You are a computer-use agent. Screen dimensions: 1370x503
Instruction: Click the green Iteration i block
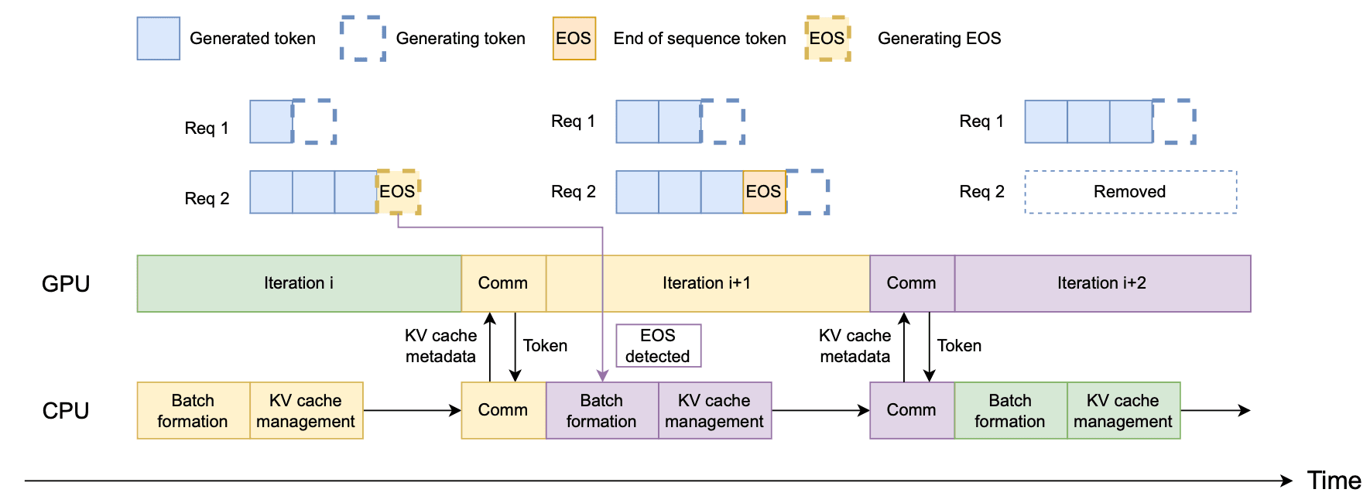299,283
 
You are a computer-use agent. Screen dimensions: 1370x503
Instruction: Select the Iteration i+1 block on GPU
707,283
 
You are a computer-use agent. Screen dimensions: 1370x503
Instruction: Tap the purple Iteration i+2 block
1102,283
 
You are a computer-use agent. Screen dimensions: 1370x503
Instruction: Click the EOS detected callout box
658,345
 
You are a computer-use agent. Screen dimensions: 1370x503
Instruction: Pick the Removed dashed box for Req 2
1131,192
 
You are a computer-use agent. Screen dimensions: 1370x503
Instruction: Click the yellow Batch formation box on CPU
194,410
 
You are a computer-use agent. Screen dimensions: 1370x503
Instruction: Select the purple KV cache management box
714,410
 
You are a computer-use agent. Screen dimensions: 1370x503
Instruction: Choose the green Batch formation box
1010,410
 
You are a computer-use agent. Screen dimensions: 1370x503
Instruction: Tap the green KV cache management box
1123,410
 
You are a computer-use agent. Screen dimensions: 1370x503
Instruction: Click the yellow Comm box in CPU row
503,410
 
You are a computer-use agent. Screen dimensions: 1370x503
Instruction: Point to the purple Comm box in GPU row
912,283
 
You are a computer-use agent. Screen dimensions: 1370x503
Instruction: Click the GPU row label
66,284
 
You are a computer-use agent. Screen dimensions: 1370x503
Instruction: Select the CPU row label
66,411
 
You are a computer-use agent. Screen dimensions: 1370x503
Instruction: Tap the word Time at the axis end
1334,481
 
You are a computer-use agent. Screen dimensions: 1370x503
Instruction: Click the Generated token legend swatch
159,39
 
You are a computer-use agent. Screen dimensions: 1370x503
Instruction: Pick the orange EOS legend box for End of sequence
574,39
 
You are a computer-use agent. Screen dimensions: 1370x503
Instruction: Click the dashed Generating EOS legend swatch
827,39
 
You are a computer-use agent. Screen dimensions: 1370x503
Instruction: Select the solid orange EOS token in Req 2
764,192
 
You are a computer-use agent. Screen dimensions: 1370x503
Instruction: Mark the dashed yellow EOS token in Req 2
398,192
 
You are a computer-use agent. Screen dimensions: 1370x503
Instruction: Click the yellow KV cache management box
307,410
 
